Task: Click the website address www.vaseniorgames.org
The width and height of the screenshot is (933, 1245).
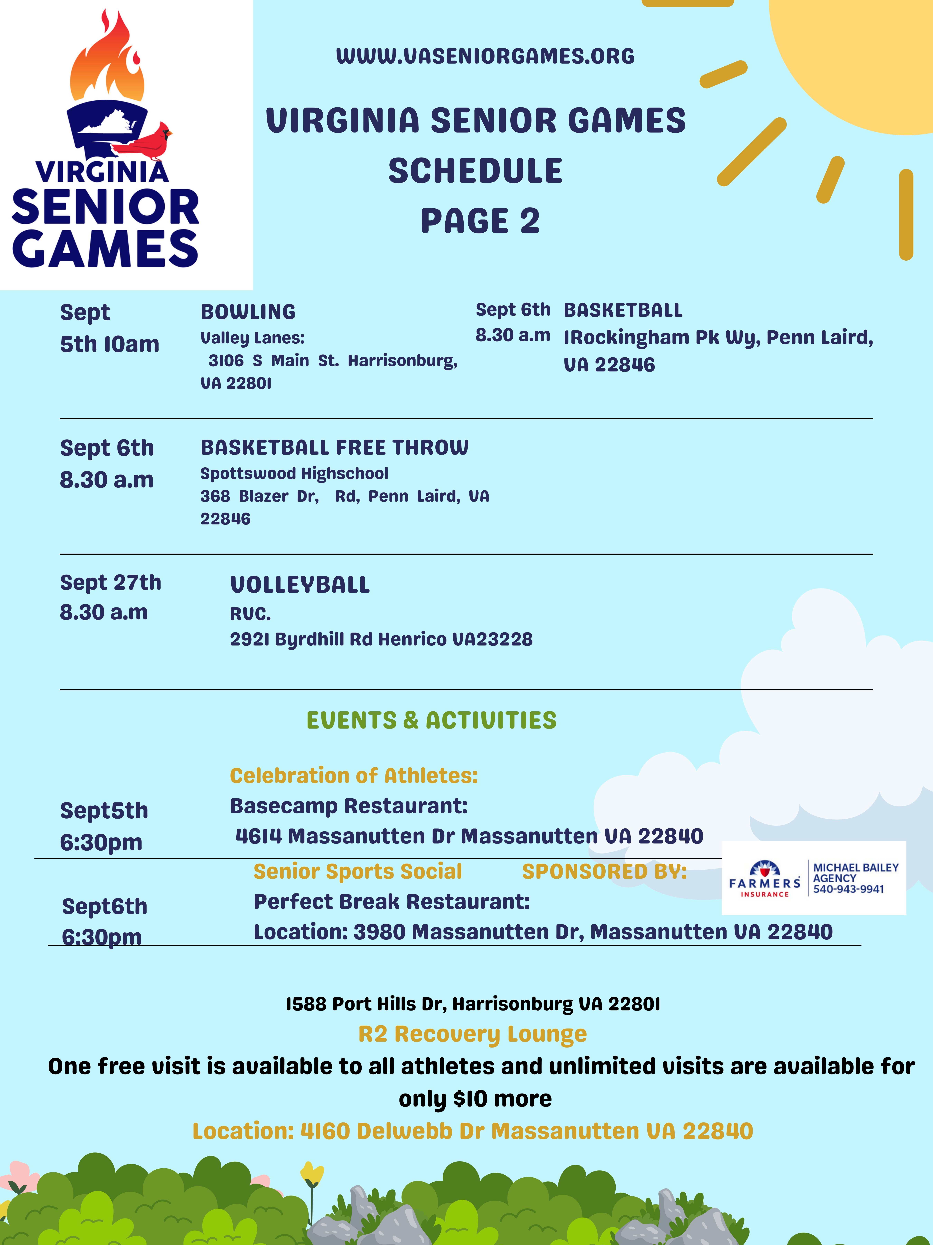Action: [x=485, y=56]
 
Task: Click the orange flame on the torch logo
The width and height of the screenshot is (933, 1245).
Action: [x=107, y=62]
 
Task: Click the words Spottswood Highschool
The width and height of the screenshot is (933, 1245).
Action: [x=294, y=473]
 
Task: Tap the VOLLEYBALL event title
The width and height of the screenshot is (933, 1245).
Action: [x=300, y=585]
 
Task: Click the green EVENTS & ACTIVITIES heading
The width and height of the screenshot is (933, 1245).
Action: [x=431, y=720]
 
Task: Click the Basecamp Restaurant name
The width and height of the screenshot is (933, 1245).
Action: [x=349, y=806]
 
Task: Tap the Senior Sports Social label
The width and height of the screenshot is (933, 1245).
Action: [x=358, y=871]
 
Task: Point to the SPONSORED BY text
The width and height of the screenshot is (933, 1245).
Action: [x=605, y=871]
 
